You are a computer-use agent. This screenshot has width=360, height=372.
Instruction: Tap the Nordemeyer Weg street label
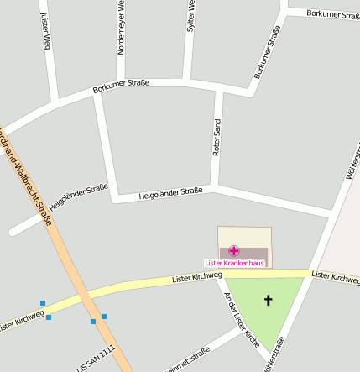121,27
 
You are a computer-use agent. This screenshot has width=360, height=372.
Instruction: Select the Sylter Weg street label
191,17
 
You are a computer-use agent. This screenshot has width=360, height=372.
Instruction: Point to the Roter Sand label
217,138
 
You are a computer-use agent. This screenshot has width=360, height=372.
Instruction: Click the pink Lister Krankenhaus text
234,263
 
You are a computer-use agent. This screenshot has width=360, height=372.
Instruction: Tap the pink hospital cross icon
234,250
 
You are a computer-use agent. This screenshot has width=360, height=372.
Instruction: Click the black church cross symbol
269,300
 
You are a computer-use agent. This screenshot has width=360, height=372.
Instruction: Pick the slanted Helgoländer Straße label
79,196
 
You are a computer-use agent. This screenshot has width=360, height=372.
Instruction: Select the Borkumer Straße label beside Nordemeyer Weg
121,83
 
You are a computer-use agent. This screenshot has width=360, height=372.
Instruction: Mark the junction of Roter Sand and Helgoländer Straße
217,187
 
